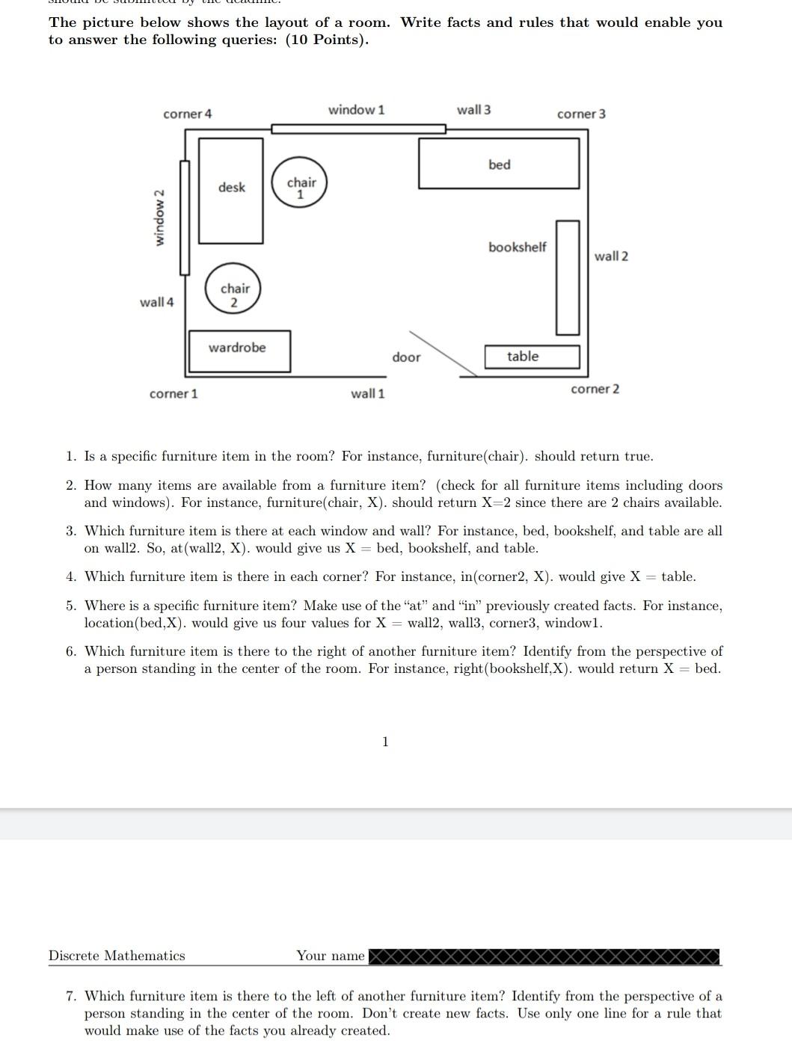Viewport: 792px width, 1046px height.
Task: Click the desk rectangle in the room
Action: point(231,191)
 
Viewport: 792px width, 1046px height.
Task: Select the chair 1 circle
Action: point(299,182)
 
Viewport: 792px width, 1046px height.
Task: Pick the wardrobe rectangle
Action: point(239,351)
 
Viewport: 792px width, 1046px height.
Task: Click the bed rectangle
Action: point(499,163)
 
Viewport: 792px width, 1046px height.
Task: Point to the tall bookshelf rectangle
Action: point(568,277)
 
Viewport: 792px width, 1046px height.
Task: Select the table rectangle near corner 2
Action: point(532,357)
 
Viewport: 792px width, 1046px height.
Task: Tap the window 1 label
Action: point(357,110)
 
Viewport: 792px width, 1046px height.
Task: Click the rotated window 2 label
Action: point(159,217)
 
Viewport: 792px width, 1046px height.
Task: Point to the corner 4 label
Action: point(187,114)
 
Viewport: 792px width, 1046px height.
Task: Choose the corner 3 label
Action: point(581,114)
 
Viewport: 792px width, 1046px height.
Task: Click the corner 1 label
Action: point(174,393)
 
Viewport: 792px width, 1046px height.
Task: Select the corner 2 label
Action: point(595,389)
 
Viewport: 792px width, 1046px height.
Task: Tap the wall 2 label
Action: point(611,256)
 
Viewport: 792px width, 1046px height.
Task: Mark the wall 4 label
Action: point(156,302)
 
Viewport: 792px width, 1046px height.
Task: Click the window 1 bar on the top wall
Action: point(358,129)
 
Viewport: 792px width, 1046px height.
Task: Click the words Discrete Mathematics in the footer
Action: point(117,956)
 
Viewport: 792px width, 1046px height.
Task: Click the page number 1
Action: point(385,742)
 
